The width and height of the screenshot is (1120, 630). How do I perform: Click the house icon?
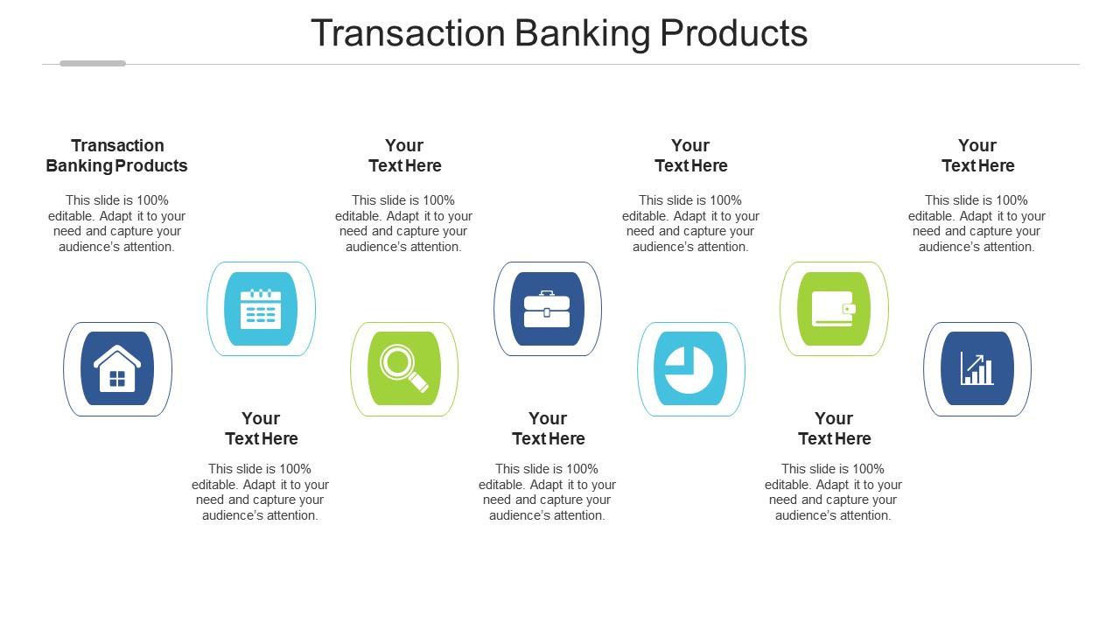pyautogui.click(x=117, y=368)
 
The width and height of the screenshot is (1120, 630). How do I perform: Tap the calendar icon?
pyautogui.click(x=261, y=309)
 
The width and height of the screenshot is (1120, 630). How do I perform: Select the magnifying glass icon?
pyautogui.click(x=404, y=368)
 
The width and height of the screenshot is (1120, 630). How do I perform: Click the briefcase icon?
pyautogui.click(x=547, y=309)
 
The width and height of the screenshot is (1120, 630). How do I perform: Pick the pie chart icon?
pyautogui.click(x=690, y=368)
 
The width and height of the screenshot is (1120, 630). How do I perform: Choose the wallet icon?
pyautogui.click(x=834, y=309)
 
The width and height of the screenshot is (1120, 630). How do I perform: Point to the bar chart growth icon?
pyautogui.click(x=977, y=368)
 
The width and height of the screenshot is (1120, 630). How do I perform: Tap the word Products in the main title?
pyautogui.click(x=733, y=33)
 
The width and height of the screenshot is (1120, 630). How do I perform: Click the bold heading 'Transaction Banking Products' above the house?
pyautogui.click(x=117, y=156)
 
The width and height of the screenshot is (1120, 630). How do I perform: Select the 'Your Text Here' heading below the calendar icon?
pyautogui.click(x=261, y=429)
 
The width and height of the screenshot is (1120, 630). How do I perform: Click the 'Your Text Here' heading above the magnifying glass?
pyautogui.click(x=404, y=156)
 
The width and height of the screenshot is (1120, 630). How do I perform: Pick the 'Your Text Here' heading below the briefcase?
pyautogui.click(x=548, y=429)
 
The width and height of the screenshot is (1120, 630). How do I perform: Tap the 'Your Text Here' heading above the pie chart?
pyautogui.click(x=690, y=156)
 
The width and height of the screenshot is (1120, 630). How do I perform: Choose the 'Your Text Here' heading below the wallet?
pyautogui.click(x=834, y=429)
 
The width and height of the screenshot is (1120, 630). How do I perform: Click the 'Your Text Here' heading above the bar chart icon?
pyautogui.click(x=977, y=156)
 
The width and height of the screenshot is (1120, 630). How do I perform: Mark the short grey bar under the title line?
pyautogui.click(x=93, y=63)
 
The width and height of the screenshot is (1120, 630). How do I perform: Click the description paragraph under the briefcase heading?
pyautogui.click(x=547, y=492)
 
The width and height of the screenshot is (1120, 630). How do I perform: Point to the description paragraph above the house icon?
pyautogui.click(x=117, y=223)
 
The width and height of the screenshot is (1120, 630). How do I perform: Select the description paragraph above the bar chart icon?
pyautogui.click(x=976, y=223)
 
